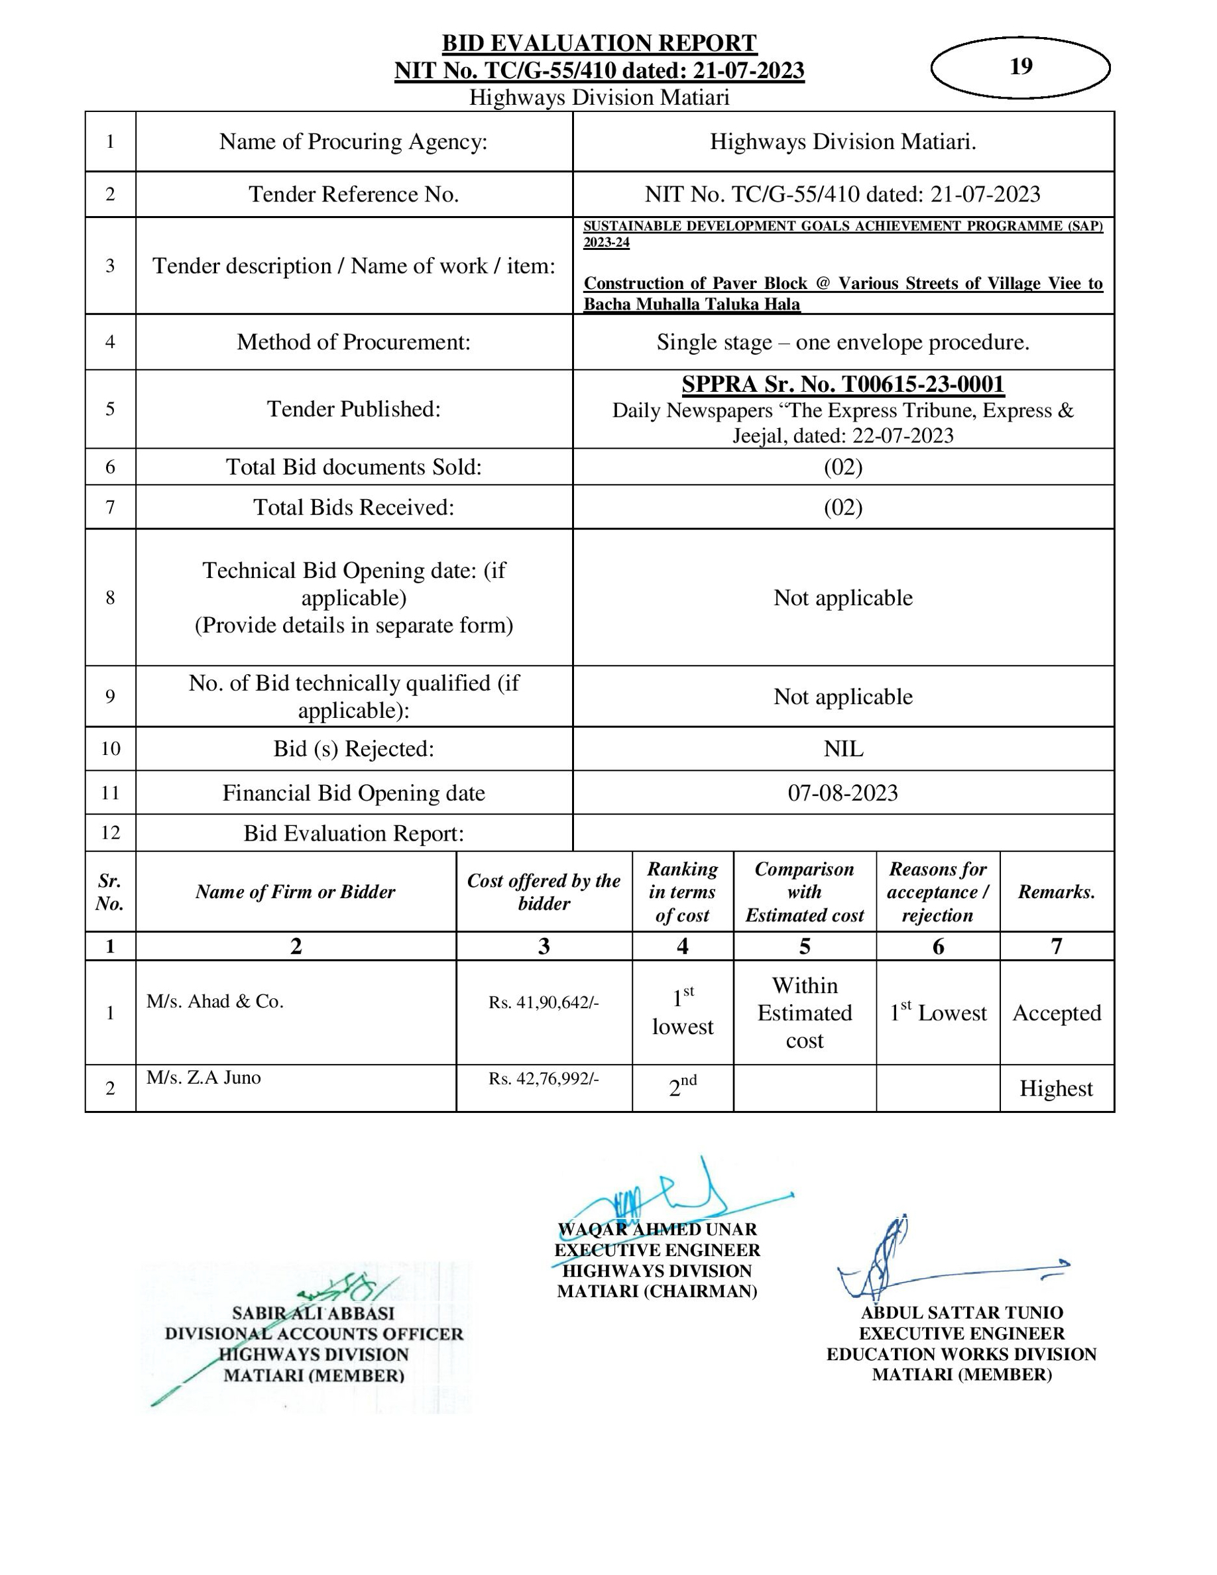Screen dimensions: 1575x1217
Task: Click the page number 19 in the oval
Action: click(1020, 66)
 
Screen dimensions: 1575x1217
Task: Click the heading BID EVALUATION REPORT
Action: click(599, 43)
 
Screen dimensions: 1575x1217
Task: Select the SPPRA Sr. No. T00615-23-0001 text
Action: click(842, 384)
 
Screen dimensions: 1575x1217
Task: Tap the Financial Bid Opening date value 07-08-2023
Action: click(842, 793)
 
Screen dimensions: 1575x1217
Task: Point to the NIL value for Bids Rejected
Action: click(842, 748)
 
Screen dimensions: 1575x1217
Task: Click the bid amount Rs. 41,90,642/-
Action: click(544, 1002)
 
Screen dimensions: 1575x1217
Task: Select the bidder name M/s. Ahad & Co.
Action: click(215, 1001)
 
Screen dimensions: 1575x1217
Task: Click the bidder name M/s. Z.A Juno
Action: click(203, 1077)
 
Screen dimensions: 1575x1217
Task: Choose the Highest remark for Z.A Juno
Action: click(1055, 1088)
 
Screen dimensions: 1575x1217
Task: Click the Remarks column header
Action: click(1056, 892)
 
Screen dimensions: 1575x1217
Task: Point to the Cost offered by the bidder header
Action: click(544, 892)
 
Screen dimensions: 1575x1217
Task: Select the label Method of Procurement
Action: click(353, 342)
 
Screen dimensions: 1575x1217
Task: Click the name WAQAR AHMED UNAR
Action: click(657, 1230)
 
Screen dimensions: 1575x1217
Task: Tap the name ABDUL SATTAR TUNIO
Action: click(962, 1312)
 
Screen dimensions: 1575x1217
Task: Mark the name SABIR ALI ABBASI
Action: click(314, 1313)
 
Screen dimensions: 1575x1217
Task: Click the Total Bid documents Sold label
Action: click(353, 467)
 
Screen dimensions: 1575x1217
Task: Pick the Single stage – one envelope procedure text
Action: click(842, 342)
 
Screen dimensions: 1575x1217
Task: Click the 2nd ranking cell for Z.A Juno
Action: click(682, 1086)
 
